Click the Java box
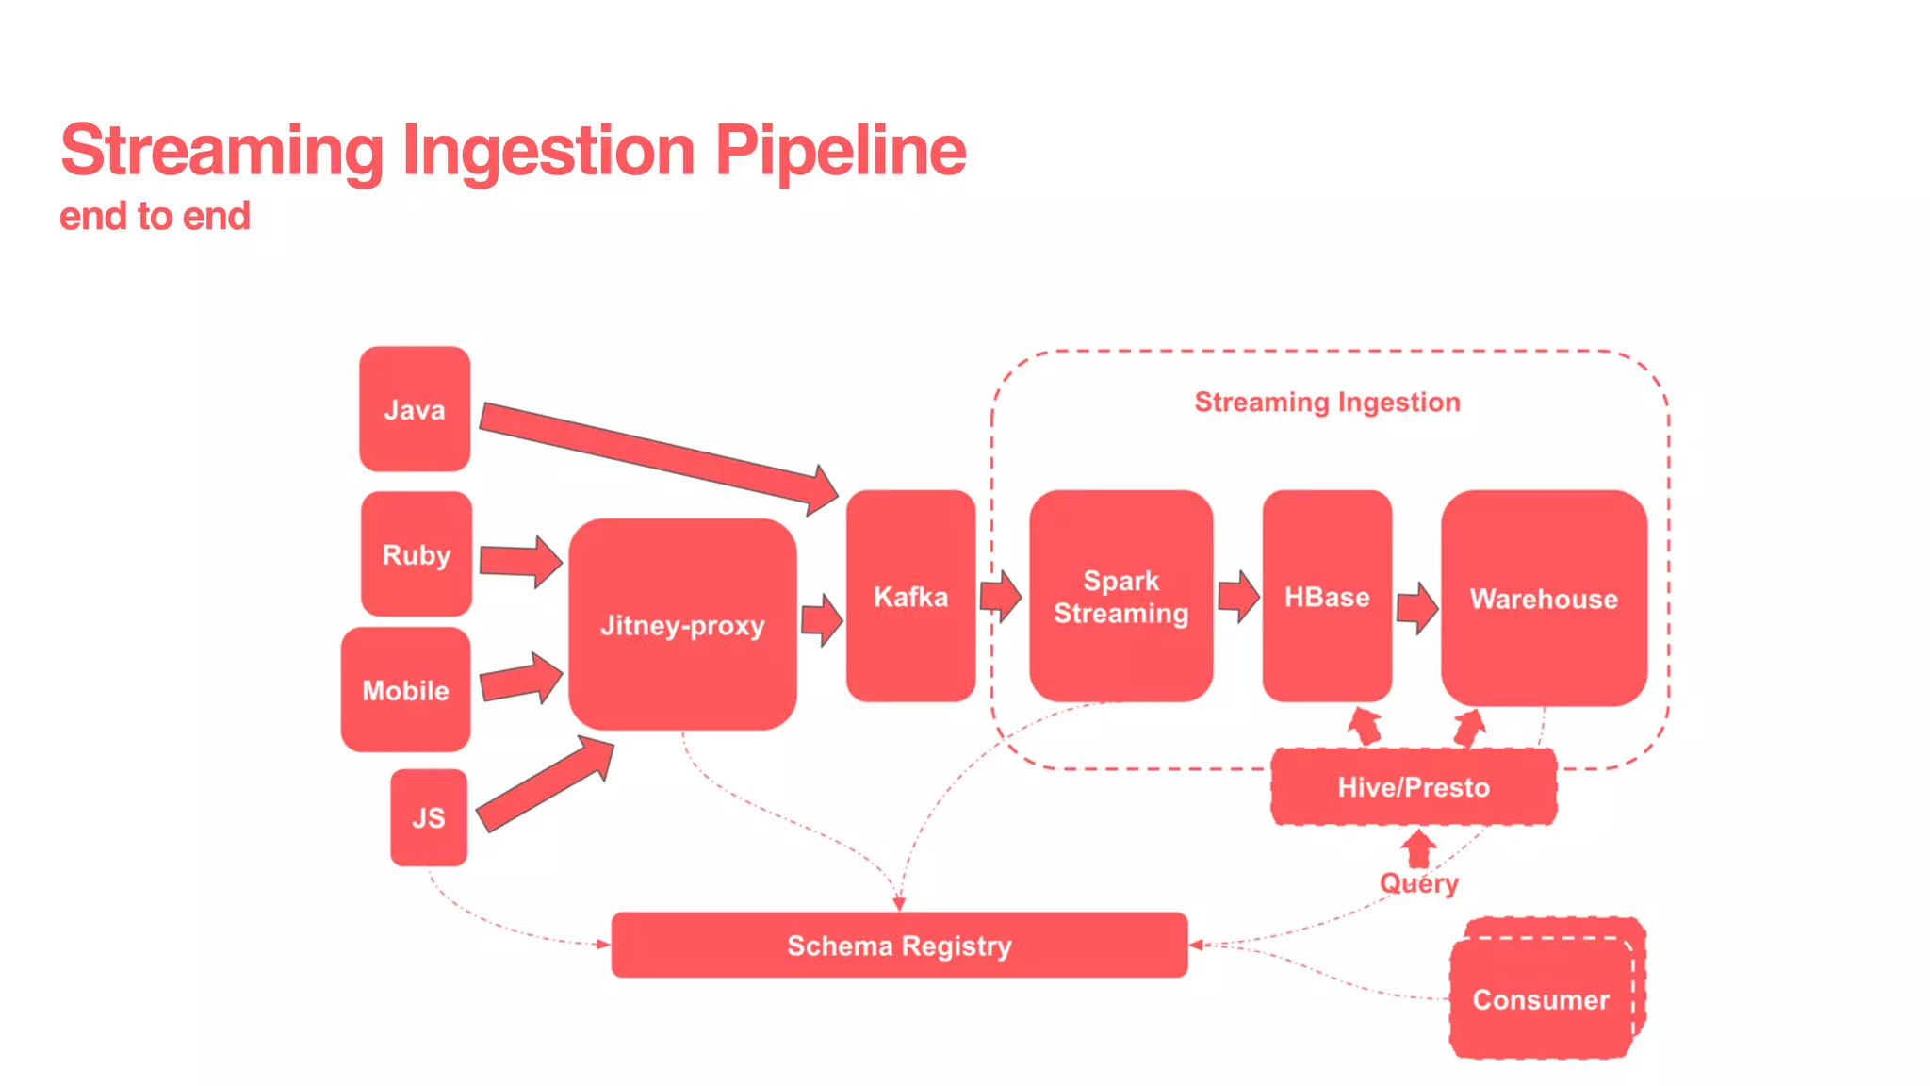[x=415, y=409]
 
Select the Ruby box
[x=416, y=554]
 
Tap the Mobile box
[x=406, y=690]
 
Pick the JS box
[x=429, y=817]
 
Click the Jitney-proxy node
[x=682, y=625]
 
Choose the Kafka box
[x=910, y=596]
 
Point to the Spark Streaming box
[x=1120, y=596]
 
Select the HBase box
[x=1327, y=596]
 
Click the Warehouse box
[x=1544, y=598]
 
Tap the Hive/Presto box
[x=1414, y=787]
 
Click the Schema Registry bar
[x=899, y=945]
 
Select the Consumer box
[x=1541, y=998]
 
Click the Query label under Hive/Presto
[x=1419, y=883]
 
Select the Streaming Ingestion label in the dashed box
[x=1327, y=402]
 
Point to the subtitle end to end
[x=155, y=216]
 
